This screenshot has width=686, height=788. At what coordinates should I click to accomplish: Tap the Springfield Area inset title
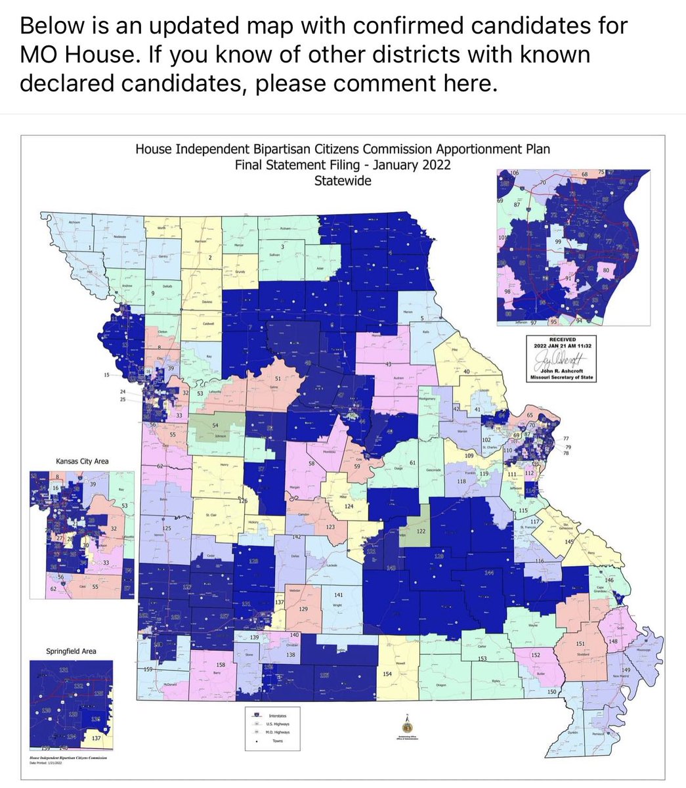71,651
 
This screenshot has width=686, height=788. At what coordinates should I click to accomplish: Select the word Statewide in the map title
343,180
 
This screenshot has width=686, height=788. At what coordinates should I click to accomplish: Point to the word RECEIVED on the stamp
555,339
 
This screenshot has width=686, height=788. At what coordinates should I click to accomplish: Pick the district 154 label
387,674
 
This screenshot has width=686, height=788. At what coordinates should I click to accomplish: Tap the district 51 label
277,380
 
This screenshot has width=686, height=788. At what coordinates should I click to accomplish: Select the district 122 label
421,531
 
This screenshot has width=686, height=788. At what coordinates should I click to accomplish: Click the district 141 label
339,594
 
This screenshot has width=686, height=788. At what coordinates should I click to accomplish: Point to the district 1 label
90,248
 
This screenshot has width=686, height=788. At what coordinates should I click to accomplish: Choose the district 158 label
221,665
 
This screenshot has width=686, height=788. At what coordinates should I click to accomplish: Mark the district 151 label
580,644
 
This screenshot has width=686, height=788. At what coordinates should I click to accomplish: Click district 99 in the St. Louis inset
559,242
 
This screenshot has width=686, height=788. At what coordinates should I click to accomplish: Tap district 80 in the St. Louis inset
605,270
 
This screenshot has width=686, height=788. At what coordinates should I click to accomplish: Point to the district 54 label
215,426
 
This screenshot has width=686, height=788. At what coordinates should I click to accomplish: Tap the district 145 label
568,541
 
